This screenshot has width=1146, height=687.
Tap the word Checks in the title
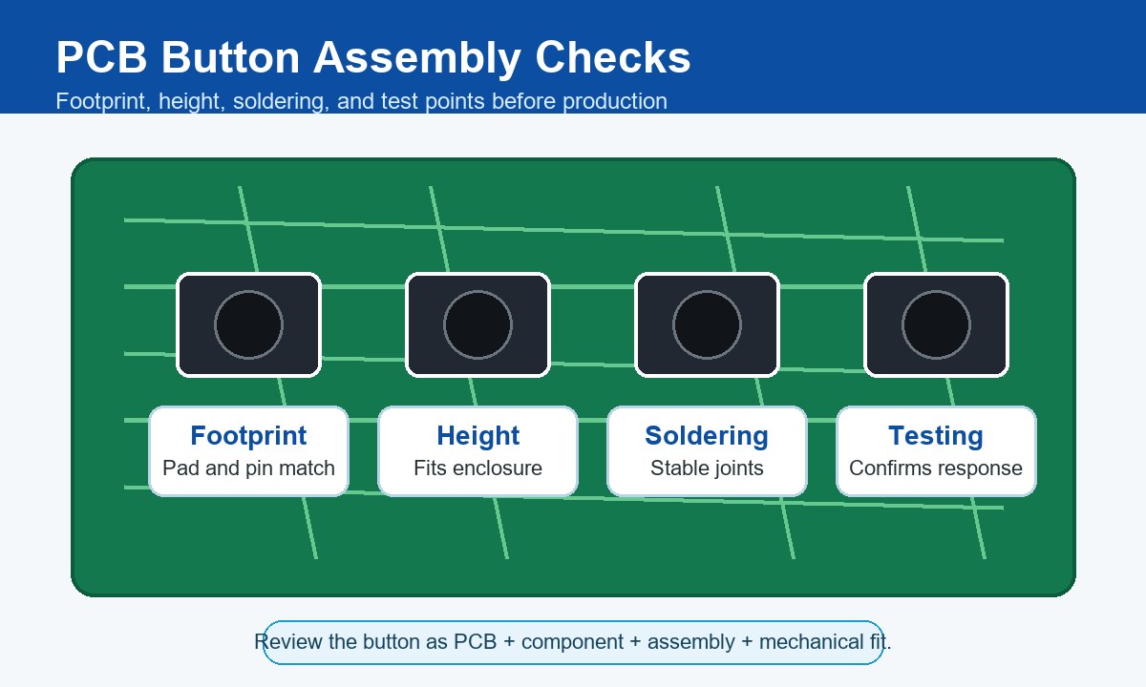coord(613,57)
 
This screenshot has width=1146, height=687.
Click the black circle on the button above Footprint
coord(248,324)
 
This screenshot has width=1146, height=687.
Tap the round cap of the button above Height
coord(477,324)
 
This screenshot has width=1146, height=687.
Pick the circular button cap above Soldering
coord(707,324)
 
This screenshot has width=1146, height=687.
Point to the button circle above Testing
coord(936,324)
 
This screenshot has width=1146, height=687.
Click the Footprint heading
coord(248,436)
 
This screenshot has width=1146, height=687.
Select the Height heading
coord(477,436)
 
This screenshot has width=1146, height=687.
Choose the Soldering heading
coord(707,436)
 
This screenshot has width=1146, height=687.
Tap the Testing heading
coord(936,436)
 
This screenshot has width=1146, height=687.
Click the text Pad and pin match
coord(248,468)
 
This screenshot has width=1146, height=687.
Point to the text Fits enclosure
coord(477,468)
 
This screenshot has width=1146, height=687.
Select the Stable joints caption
coord(707,468)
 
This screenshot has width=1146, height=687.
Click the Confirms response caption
coord(936,468)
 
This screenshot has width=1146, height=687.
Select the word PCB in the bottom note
coord(476,642)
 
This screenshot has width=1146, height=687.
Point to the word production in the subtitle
coord(615,102)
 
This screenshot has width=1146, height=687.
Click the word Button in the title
coord(230,57)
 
